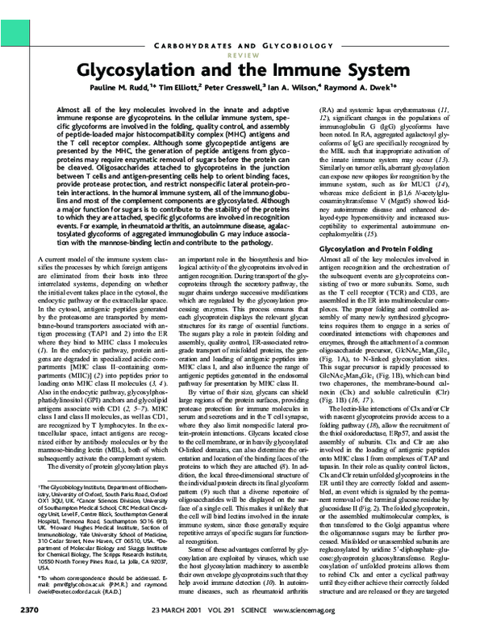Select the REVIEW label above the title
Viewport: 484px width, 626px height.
tap(242, 46)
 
